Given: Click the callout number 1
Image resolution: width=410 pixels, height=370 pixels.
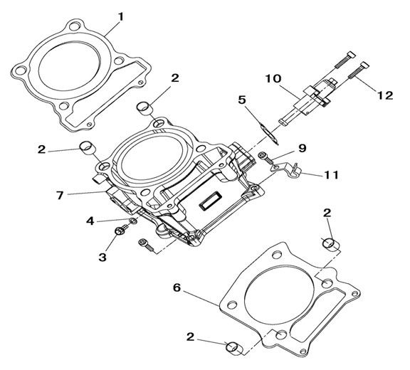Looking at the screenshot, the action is pos(120,17).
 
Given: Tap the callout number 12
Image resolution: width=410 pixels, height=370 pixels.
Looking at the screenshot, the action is pos(385,95).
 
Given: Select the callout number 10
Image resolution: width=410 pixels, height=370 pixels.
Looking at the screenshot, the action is pos(273,78).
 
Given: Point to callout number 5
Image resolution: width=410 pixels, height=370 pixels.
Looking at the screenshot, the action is pos(242,100).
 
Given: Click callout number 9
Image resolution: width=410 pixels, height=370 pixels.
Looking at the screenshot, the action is pos(303,148).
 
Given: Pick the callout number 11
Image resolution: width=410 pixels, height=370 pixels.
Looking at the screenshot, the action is pos(331,175).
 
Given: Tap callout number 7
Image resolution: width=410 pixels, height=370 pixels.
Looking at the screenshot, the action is pos(60,195).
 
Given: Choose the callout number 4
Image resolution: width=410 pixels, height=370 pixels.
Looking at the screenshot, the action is pos(90,221).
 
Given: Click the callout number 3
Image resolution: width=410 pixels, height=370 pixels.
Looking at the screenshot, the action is pos(102,257).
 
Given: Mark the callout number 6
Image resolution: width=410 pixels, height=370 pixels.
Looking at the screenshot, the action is pos(177,287).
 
